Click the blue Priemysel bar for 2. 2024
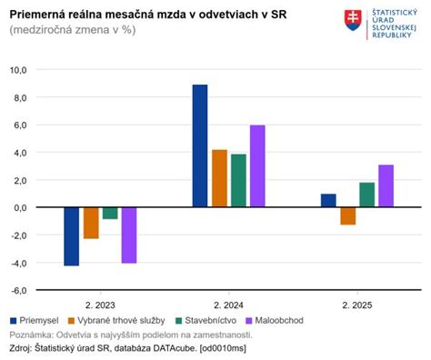(200, 145)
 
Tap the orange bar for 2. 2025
(347, 215)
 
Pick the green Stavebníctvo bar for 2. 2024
(238, 181)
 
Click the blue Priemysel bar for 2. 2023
(72, 236)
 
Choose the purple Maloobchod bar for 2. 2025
(386, 185)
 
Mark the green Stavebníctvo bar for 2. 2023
(110, 213)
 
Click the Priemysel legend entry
(35, 321)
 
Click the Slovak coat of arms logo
(352, 20)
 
